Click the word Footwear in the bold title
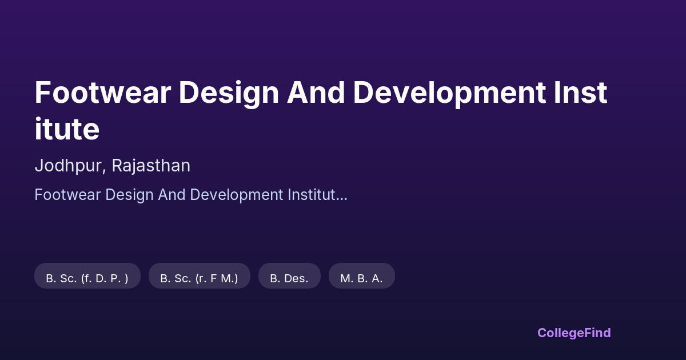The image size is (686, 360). pyautogui.click(x=102, y=93)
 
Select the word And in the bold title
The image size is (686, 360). pyautogui.click(x=316, y=93)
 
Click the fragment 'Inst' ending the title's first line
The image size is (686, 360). pyautogui.click(x=580, y=93)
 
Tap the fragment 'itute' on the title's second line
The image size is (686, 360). pyautogui.click(x=67, y=129)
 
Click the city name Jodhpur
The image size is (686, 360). pyautogui.click(x=68, y=166)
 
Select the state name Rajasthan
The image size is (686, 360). pyautogui.click(x=151, y=166)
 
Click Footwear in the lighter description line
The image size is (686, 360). pyautogui.click(x=67, y=195)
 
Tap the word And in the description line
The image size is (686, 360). pyautogui.click(x=171, y=195)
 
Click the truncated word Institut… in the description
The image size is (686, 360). pyautogui.click(x=317, y=195)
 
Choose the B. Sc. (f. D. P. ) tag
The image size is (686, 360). pyautogui.click(x=87, y=276)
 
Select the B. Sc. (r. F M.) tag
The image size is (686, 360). pyautogui.click(x=200, y=276)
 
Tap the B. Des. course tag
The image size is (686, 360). pyautogui.click(x=289, y=276)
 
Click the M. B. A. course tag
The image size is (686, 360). pyautogui.click(x=362, y=276)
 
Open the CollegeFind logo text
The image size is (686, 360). pyautogui.click(x=574, y=333)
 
